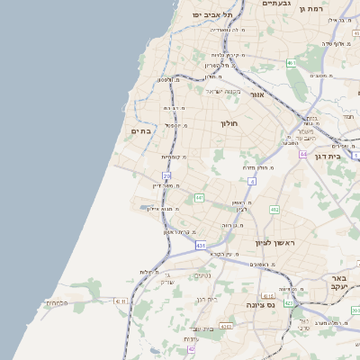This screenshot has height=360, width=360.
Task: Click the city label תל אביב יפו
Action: coord(212,15)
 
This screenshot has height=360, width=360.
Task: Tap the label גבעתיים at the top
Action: coord(275,4)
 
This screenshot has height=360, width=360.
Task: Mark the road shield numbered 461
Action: coord(291,63)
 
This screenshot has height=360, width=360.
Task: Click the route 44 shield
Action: coord(303,154)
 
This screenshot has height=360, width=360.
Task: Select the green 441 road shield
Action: coord(199,197)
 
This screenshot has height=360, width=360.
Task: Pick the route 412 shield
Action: coord(274,210)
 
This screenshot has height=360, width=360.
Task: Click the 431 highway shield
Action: coord(200,245)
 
